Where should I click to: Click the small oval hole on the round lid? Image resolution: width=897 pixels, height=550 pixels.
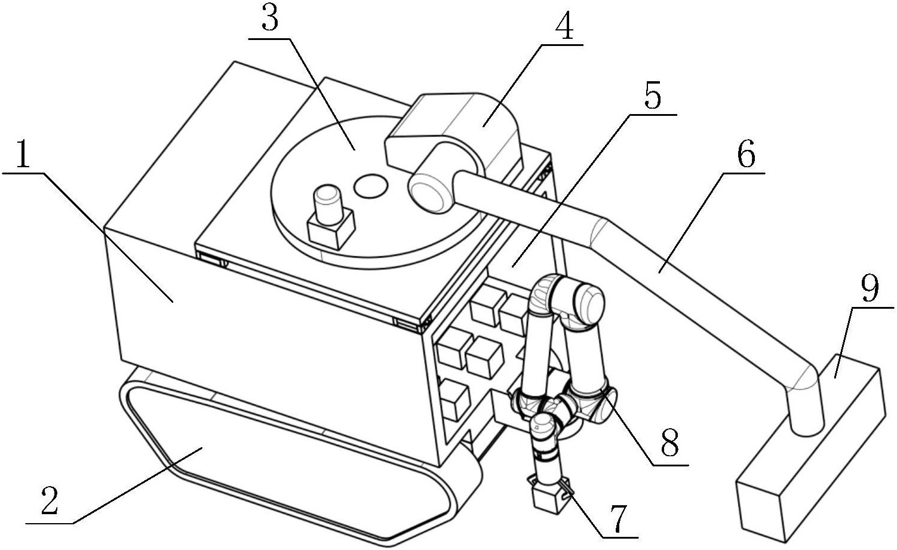(x=371, y=186)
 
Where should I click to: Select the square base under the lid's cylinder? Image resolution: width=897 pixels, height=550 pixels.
(x=331, y=229)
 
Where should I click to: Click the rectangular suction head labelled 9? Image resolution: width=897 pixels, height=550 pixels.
(x=811, y=448)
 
